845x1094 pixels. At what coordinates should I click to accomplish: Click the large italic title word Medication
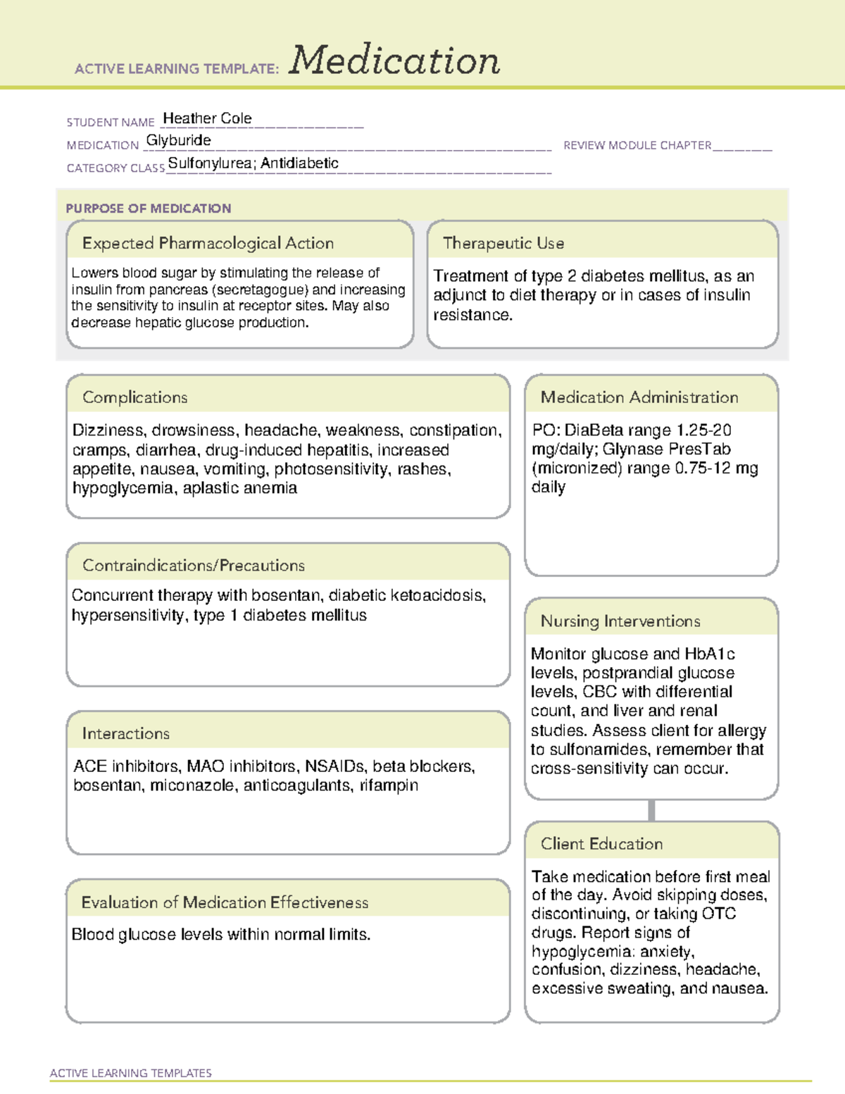tap(394, 61)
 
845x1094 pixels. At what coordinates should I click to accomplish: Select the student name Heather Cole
tap(207, 118)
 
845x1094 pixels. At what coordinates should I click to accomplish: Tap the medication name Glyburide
tap(179, 140)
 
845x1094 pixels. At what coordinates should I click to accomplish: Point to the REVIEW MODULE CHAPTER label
tap(637, 145)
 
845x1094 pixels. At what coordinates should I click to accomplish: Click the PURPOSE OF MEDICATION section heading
tap(149, 209)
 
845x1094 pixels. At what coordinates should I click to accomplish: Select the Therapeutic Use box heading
tap(503, 243)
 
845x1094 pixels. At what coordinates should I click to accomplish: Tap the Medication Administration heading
tap(639, 397)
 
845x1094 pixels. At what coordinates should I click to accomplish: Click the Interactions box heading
tap(126, 733)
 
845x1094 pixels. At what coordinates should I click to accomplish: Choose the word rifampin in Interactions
tap(389, 785)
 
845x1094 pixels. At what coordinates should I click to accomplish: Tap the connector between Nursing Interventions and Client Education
tap(651, 810)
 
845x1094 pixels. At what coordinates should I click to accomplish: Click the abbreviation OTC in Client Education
tap(718, 914)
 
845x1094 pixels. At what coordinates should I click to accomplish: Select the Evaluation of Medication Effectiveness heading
tap(225, 902)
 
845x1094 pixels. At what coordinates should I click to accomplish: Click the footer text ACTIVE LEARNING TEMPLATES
tap(131, 1073)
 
